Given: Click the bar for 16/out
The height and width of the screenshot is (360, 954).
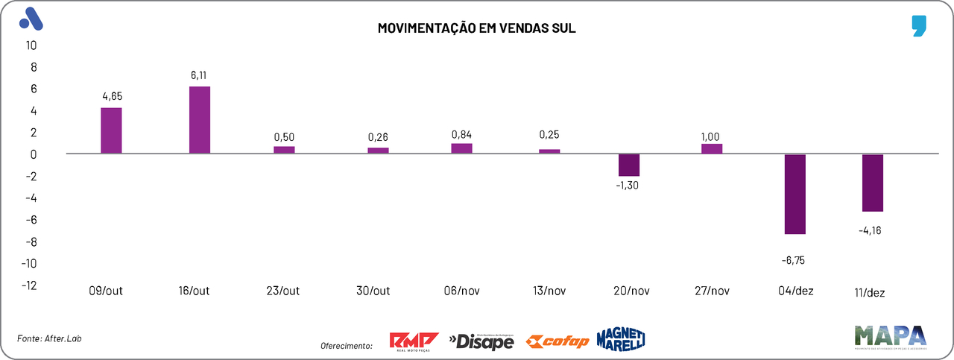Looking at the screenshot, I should click(200, 120).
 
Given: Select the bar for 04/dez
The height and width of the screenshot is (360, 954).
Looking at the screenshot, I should click(795, 194).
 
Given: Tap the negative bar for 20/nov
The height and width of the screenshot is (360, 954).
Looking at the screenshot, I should click(629, 165).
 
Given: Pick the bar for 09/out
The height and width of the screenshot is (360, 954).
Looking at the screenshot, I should click(111, 130).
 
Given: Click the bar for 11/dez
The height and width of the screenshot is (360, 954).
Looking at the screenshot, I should click(873, 183).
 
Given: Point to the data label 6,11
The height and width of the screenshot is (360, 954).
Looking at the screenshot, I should click(200, 75).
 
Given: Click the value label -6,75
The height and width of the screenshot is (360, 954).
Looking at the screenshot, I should click(794, 261).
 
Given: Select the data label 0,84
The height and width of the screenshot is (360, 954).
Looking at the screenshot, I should click(461, 134).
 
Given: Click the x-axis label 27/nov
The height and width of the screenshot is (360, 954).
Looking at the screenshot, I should click(712, 291).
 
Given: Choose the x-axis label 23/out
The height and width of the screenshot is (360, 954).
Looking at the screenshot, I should click(284, 291).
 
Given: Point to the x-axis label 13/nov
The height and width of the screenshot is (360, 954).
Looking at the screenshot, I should click(549, 291).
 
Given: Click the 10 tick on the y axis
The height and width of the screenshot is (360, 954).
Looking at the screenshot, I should click(31, 45).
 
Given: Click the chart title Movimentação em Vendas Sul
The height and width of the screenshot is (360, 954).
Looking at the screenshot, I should click(477, 29).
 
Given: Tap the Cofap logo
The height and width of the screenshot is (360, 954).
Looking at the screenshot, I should click(557, 341).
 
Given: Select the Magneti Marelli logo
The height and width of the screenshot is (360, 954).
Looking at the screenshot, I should click(620, 339).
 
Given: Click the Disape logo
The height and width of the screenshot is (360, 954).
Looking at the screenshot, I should click(481, 341).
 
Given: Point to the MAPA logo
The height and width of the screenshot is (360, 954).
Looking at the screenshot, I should click(890, 336).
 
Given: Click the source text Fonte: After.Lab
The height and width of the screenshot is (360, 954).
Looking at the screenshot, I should click(49, 338).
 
